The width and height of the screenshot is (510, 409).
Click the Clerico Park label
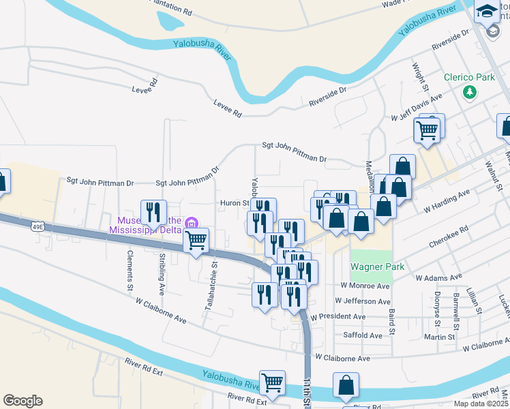469,77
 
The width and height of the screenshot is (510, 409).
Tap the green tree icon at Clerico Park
469,91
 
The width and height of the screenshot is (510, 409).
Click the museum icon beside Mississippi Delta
192,222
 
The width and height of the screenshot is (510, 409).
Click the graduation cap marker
487,11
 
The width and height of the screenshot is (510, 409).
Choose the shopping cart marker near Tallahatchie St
196,239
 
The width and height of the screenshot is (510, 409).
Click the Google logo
22,401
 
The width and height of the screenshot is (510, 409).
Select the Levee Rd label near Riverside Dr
227,108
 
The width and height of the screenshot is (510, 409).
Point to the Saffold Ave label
363,335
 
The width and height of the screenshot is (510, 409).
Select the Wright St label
419,78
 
